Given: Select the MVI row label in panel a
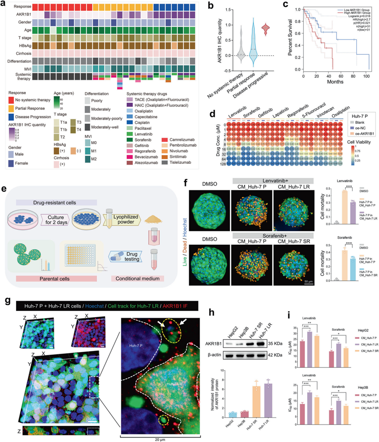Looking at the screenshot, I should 18,67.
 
